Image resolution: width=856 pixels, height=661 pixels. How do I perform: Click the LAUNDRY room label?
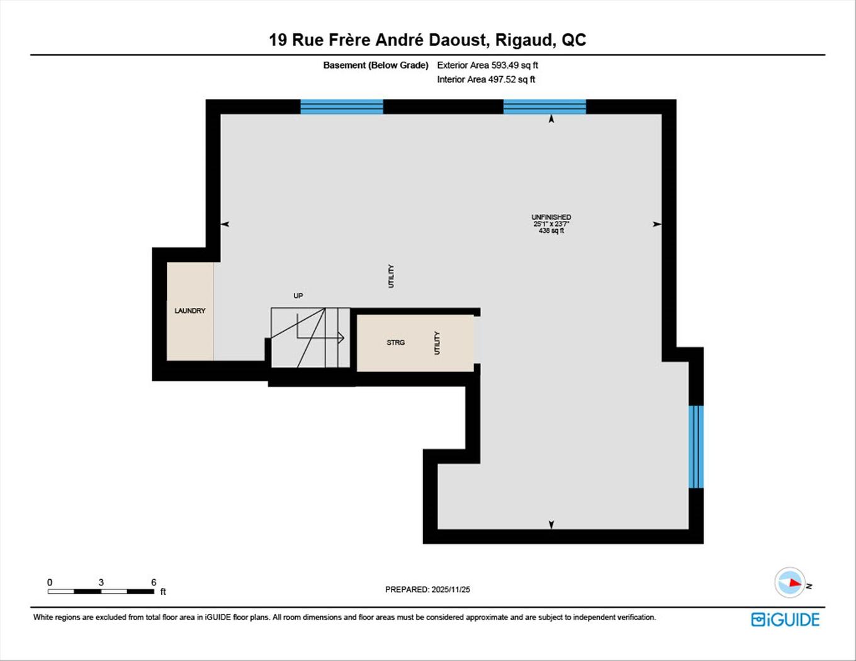coord(189,311)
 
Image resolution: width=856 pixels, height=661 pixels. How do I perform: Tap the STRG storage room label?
coord(395,342)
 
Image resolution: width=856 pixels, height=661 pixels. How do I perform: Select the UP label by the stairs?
coord(298,295)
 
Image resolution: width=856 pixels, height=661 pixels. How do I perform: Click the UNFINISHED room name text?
coord(551,217)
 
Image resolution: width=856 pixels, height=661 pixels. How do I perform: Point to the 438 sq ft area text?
coord(551,231)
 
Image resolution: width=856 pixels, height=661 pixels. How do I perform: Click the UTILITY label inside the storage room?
coord(437,343)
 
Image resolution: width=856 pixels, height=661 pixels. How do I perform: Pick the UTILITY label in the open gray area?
coord(391,276)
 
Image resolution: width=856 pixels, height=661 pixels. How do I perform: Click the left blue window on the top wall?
coord(341,106)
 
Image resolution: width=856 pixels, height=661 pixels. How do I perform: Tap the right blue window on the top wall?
coord(544,106)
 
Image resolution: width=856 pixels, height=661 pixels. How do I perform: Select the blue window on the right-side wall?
coord(695,447)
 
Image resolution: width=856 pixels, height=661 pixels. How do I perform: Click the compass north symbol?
coord(790,583)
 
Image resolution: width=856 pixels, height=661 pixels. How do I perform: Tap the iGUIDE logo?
coord(785,619)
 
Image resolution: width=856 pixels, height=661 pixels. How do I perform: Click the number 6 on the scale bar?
coord(154,582)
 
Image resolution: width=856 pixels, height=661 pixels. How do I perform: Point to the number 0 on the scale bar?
coord(50,582)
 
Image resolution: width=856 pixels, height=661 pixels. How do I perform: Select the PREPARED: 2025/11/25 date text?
coord(427,590)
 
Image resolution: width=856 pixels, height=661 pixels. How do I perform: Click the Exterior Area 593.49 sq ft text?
coord(487,65)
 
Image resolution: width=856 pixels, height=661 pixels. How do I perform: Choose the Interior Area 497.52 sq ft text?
coord(486,79)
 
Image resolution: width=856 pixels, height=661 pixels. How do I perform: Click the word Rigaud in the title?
coord(524,40)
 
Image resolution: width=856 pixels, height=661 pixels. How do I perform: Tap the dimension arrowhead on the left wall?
coord(225,224)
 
